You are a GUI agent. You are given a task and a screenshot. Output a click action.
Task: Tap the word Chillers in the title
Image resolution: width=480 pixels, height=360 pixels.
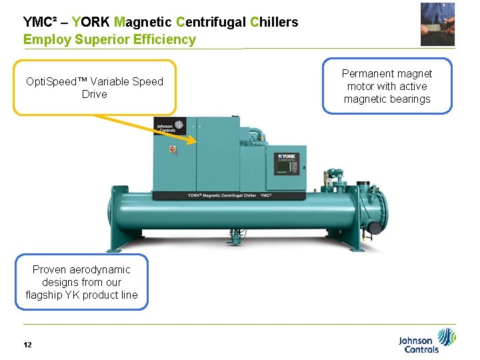tap(274, 22)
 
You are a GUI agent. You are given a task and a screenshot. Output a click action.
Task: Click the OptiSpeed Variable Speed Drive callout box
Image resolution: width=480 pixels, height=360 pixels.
tap(95, 88)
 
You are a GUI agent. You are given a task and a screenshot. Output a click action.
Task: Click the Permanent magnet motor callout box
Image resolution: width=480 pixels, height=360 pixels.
tap(387, 87)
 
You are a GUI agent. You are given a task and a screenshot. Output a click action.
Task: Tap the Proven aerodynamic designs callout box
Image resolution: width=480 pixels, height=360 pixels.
tap(81, 282)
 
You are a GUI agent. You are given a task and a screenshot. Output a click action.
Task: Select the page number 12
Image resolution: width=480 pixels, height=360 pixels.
tap(27, 345)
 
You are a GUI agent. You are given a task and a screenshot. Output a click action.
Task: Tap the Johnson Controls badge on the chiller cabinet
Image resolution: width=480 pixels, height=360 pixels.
tap(165, 127)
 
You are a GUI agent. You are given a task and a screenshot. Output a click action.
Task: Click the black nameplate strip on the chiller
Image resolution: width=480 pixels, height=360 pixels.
tap(229, 195)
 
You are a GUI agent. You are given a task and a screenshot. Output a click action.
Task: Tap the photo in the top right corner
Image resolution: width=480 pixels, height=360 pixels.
tap(437, 24)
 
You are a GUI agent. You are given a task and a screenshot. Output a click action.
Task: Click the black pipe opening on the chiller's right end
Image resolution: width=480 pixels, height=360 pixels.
tap(376, 228)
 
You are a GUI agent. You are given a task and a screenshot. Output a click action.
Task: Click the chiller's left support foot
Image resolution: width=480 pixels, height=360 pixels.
tap(129, 237)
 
